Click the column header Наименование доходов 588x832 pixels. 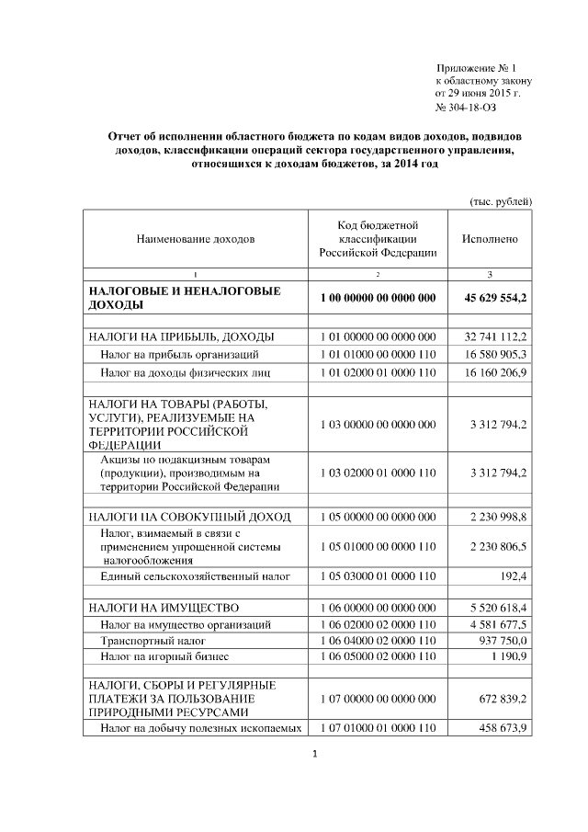[195, 239]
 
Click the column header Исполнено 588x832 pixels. [490, 239]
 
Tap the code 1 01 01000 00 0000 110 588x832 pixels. [378, 354]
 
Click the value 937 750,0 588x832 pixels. [502, 639]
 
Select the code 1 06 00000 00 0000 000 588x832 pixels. [378, 608]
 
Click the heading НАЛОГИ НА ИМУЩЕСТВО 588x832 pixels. [164, 608]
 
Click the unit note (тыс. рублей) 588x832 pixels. [501, 201]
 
